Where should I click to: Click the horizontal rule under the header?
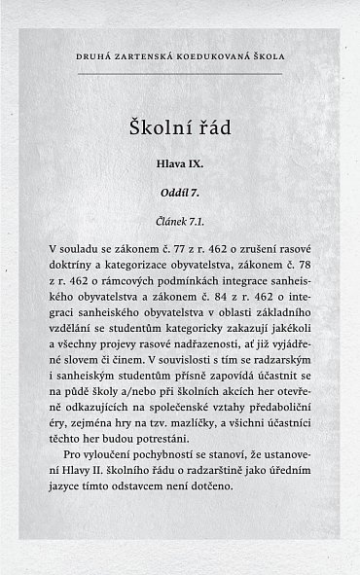point(180,73)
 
